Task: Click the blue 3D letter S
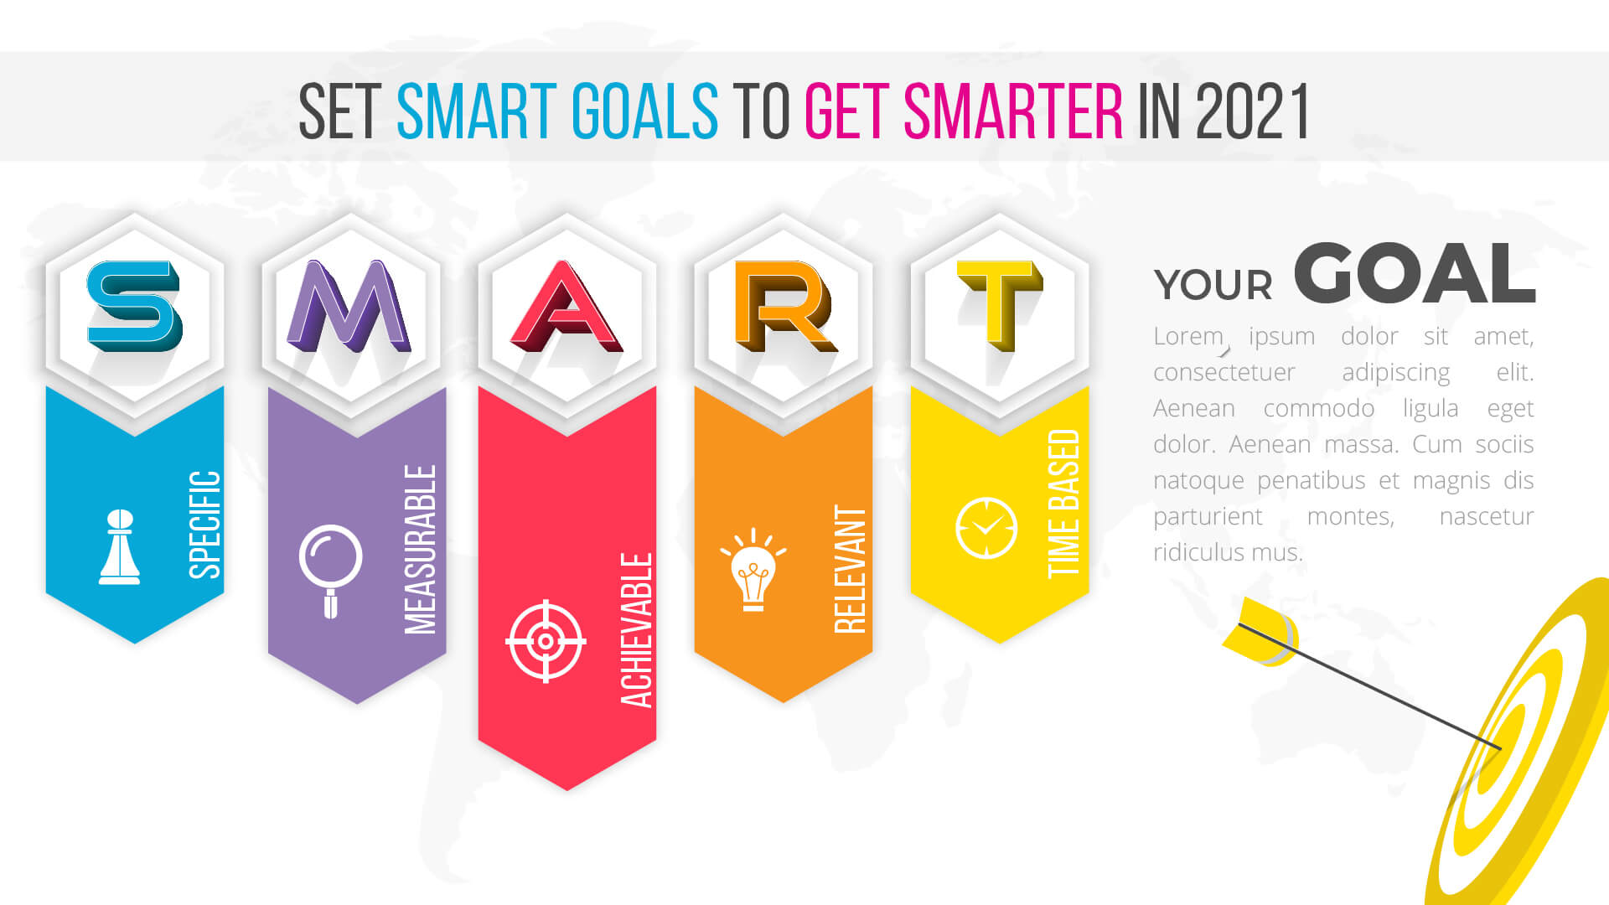tap(134, 306)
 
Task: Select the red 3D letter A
tap(567, 306)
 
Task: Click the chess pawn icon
tap(120, 546)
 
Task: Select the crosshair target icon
tap(546, 641)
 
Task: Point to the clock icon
tap(986, 528)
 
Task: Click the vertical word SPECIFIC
tap(205, 525)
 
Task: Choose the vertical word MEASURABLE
tap(421, 550)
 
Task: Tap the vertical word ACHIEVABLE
tap(636, 630)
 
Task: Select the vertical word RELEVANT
tap(850, 569)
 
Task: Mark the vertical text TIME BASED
tap(1063, 504)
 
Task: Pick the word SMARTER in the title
tap(1013, 111)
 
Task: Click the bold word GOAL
tap(1415, 273)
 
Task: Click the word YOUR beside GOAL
tap(1213, 285)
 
